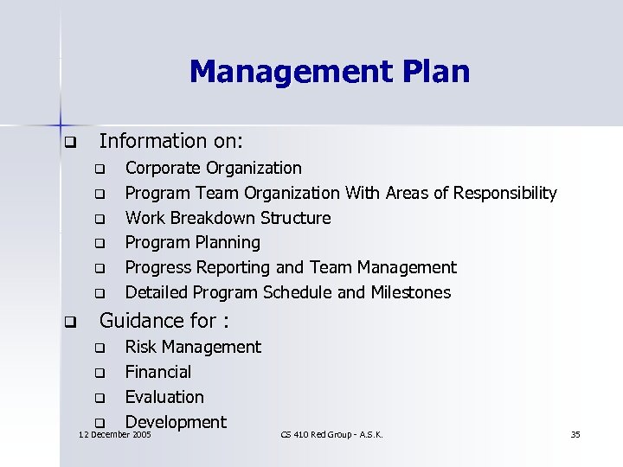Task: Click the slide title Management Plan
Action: pos(329,70)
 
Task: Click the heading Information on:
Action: pos(171,140)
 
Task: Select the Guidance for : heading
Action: pos(164,322)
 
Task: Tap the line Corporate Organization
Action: pos(214,168)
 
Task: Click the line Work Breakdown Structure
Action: pos(228,218)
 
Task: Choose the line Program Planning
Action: pos(192,242)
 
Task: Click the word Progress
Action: pos(157,267)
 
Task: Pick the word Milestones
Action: pos(411,292)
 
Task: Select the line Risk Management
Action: pos(192,347)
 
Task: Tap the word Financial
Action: pos(158,372)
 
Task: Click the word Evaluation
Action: pos(164,397)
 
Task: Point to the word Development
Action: pos(176,422)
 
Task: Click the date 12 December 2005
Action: pos(115,434)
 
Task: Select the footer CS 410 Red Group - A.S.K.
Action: pos(332,434)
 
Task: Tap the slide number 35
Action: pos(575,434)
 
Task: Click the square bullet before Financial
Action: pos(100,374)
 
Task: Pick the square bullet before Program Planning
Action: pos(100,244)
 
